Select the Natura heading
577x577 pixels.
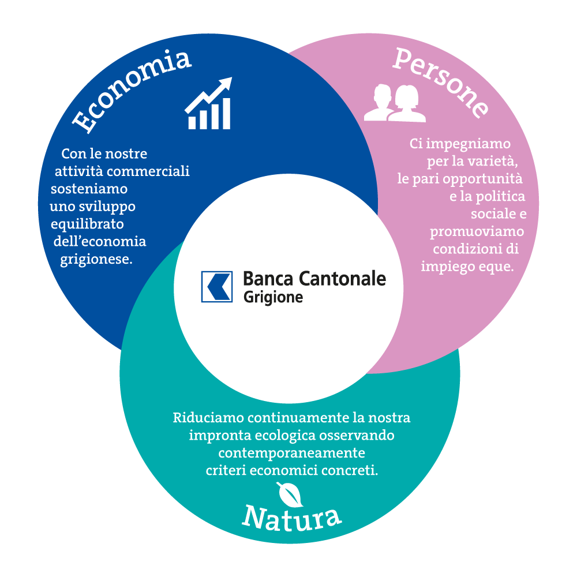pyautogui.click(x=292, y=518)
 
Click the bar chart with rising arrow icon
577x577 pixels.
pyautogui.click(x=209, y=103)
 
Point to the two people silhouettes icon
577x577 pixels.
pyautogui.click(x=395, y=103)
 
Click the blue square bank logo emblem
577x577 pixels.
pyautogui.click(x=217, y=287)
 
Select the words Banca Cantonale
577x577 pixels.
pyautogui.click(x=314, y=279)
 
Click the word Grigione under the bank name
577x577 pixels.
pyautogui.click(x=273, y=297)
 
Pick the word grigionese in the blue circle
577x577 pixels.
pyautogui.click(x=96, y=260)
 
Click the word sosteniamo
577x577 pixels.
pyautogui.click(x=89, y=189)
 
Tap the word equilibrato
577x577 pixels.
pyautogui.click(x=87, y=224)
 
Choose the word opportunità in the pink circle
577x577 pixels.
pyautogui.click(x=483, y=179)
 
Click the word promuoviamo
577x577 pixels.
pyautogui.click(x=477, y=232)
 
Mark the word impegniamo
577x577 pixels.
pyautogui.click(x=468, y=144)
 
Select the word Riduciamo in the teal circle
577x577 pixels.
pyautogui.click(x=208, y=418)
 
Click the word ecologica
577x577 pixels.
pyautogui.click(x=285, y=436)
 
